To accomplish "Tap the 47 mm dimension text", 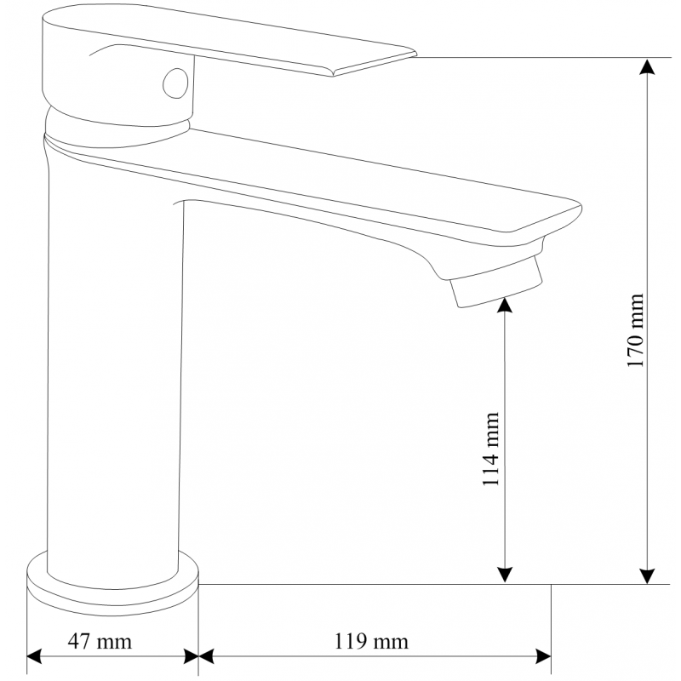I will click(x=100, y=641).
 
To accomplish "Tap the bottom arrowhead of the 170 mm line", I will click(x=649, y=576).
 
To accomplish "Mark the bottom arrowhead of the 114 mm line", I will click(x=506, y=576).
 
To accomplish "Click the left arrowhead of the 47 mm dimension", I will click(x=35, y=656).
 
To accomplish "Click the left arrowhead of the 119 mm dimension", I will click(x=207, y=656).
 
